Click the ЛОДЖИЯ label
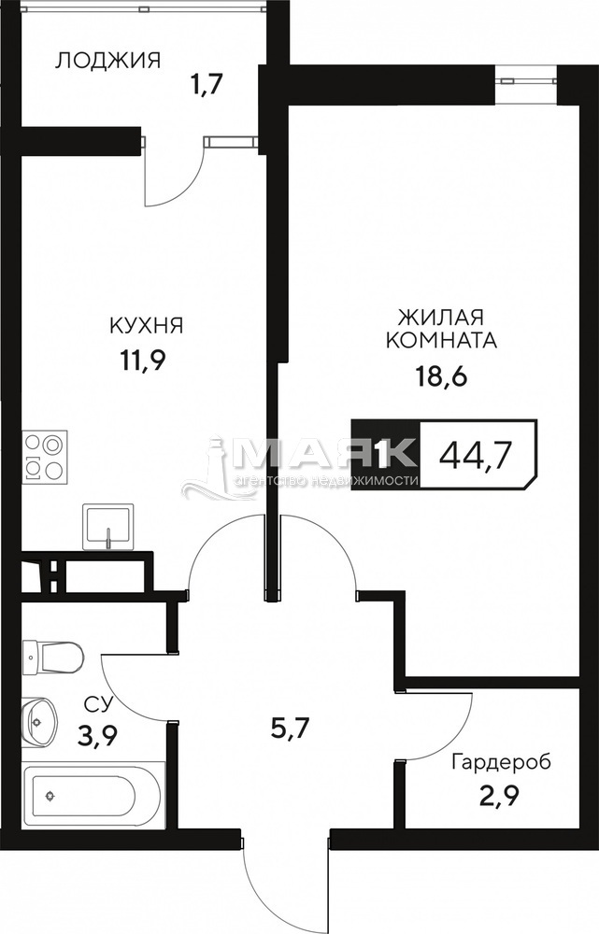click(107, 60)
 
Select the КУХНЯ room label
click(146, 326)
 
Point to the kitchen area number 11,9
click(143, 360)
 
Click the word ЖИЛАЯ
click(440, 315)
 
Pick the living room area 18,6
click(441, 375)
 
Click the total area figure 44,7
click(475, 457)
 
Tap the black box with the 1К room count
click(386, 455)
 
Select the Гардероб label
click(501, 762)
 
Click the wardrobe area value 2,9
click(497, 796)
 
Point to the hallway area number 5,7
click(290, 728)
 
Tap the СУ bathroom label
click(98, 705)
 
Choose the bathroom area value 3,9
click(96, 737)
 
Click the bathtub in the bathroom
click(92, 795)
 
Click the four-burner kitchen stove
click(45, 457)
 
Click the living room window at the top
click(526, 79)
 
